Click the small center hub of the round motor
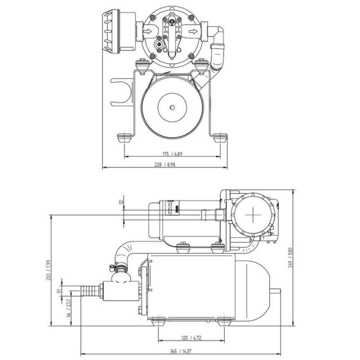pyautogui.click(x=172, y=105)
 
